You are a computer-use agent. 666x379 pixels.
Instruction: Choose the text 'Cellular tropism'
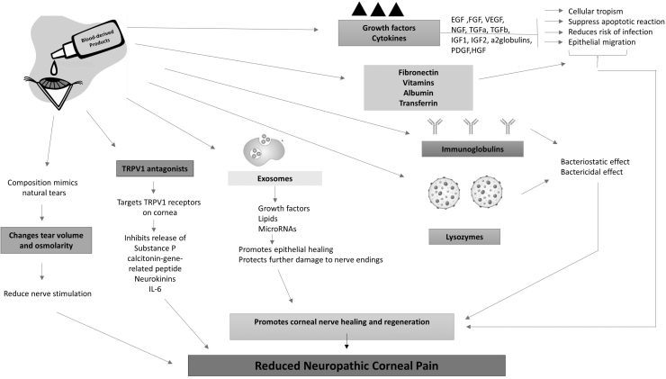(x=605, y=11)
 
